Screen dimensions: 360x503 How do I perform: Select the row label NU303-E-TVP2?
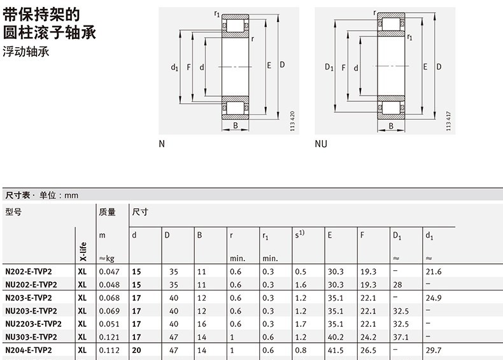[x=31, y=336]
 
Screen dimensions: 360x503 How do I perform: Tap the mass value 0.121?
[x=108, y=336]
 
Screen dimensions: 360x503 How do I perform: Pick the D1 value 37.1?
[x=401, y=336]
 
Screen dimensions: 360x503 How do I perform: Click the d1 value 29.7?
[x=433, y=350]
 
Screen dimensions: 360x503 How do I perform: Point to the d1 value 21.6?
[x=433, y=271]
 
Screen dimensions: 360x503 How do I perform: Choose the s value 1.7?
[x=300, y=324]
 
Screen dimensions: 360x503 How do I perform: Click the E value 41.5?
[x=336, y=350]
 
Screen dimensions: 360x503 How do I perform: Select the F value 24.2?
[x=368, y=336]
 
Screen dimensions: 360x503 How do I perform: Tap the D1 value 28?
[x=398, y=284]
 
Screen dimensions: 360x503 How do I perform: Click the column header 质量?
[x=107, y=212]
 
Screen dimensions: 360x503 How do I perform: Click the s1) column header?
[x=299, y=234]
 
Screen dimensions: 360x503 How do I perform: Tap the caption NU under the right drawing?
[x=321, y=144]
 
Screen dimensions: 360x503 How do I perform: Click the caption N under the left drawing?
[x=162, y=144]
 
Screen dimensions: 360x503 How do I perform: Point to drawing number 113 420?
[x=292, y=121]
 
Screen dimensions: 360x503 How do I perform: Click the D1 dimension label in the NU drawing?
[x=329, y=67]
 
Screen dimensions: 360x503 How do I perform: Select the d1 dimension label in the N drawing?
[x=174, y=67]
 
